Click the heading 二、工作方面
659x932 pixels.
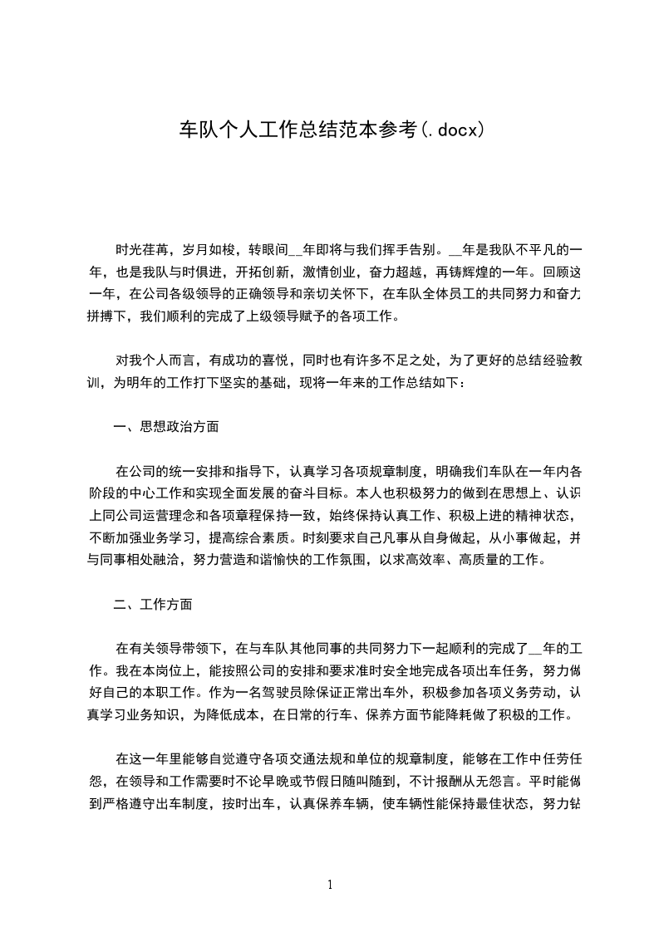pyautogui.click(x=153, y=605)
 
